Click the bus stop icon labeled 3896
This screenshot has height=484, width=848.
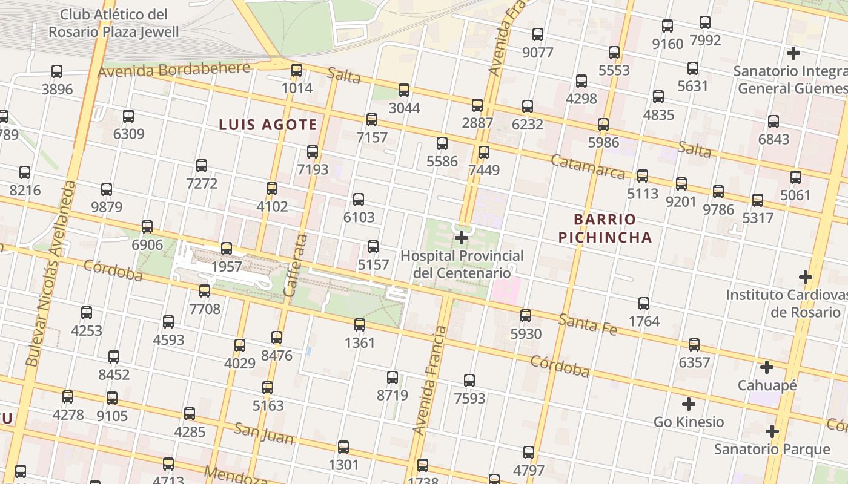click(57, 71)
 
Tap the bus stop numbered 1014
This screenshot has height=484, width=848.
click(297, 70)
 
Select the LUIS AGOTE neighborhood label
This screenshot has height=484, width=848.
click(268, 125)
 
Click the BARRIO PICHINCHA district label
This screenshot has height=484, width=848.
click(605, 228)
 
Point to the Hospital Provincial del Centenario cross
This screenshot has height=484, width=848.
click(462, 237)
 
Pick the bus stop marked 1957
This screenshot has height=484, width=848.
click(227, 249)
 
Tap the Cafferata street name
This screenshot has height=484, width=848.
click(297, 265)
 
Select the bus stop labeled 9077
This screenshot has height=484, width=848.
click(538, 34)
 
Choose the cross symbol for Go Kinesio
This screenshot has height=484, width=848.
click(689, 404)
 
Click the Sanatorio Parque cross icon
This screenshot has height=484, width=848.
click(772, 431)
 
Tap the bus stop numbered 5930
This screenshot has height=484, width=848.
click(526, 316)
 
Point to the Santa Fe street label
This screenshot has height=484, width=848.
click(587, 324)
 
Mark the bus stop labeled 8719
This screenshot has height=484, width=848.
click(393, 378)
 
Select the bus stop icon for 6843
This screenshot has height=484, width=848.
click(773, 122)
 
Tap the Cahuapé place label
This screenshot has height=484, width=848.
click(767, 385)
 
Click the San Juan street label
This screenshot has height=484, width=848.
click(263, 433)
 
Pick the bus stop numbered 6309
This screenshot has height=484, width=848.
click(128, 116)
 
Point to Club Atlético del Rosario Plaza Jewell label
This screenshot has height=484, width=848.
click(114, 23)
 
